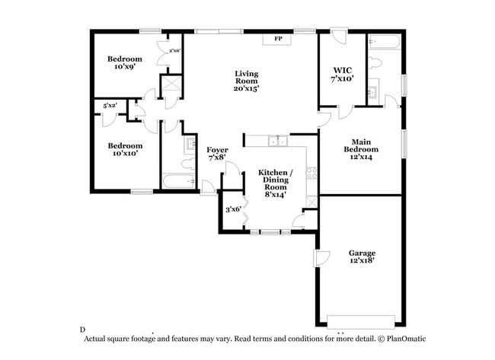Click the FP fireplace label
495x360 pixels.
pos(279,38)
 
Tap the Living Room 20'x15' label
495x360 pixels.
pos(246,81)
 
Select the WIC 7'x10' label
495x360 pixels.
pos(342,73)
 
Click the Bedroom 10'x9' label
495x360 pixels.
pos(124,63)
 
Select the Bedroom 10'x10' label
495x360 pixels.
pos(124,150)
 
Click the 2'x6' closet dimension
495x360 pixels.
pos(174,51)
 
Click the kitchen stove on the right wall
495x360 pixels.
pos(310,173)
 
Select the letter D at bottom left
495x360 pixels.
pos(81,330)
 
